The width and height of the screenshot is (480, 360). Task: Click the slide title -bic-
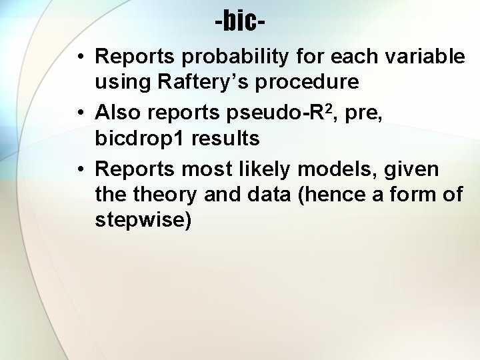click(240, 22)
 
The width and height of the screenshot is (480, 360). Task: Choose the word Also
click(119, 114)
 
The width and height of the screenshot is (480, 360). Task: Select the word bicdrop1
click(141, 139)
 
